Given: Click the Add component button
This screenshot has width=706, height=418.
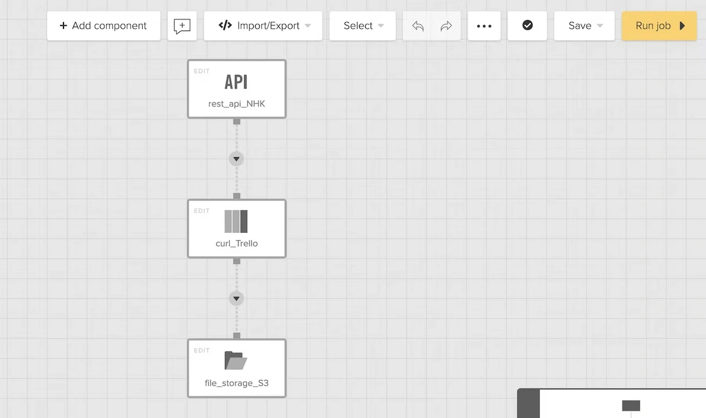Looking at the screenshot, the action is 104,26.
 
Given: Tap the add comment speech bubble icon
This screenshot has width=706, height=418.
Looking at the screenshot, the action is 182,26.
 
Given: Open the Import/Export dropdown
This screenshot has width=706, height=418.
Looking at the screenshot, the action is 263,26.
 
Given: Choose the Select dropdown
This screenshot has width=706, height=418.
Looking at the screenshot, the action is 362,26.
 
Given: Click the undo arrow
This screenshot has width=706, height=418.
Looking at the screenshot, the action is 418,26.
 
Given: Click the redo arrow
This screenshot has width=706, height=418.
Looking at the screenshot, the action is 446,26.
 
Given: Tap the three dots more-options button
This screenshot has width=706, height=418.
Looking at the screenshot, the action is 484,26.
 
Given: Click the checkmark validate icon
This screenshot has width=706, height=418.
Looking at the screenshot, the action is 527,25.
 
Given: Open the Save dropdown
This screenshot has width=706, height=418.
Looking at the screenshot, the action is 584,26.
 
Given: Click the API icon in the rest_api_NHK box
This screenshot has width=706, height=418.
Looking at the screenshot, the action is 236,82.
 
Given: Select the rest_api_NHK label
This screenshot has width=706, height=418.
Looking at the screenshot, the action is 237,103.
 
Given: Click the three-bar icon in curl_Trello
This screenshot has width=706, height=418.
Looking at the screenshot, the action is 236,222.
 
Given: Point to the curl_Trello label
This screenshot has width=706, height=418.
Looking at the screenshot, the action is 237,243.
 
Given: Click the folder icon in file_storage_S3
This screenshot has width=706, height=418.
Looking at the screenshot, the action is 236,360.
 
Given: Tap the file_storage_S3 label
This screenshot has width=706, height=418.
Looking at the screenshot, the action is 237,383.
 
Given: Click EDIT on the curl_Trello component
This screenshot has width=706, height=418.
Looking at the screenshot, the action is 202,210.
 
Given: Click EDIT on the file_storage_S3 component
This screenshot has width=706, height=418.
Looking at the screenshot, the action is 202,350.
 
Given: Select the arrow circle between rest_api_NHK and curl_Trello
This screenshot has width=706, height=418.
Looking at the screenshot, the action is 237,159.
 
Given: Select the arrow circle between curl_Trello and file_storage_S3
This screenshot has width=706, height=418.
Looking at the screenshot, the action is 237,299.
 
